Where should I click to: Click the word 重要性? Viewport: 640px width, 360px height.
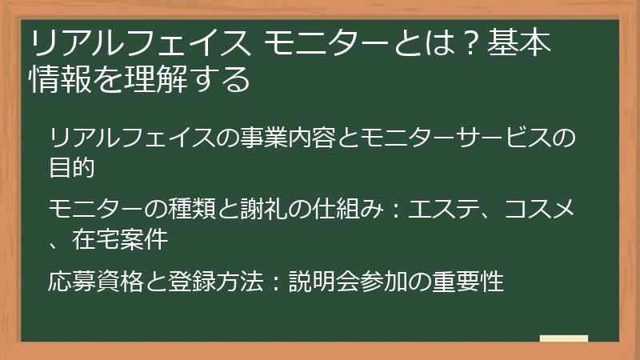472,282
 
